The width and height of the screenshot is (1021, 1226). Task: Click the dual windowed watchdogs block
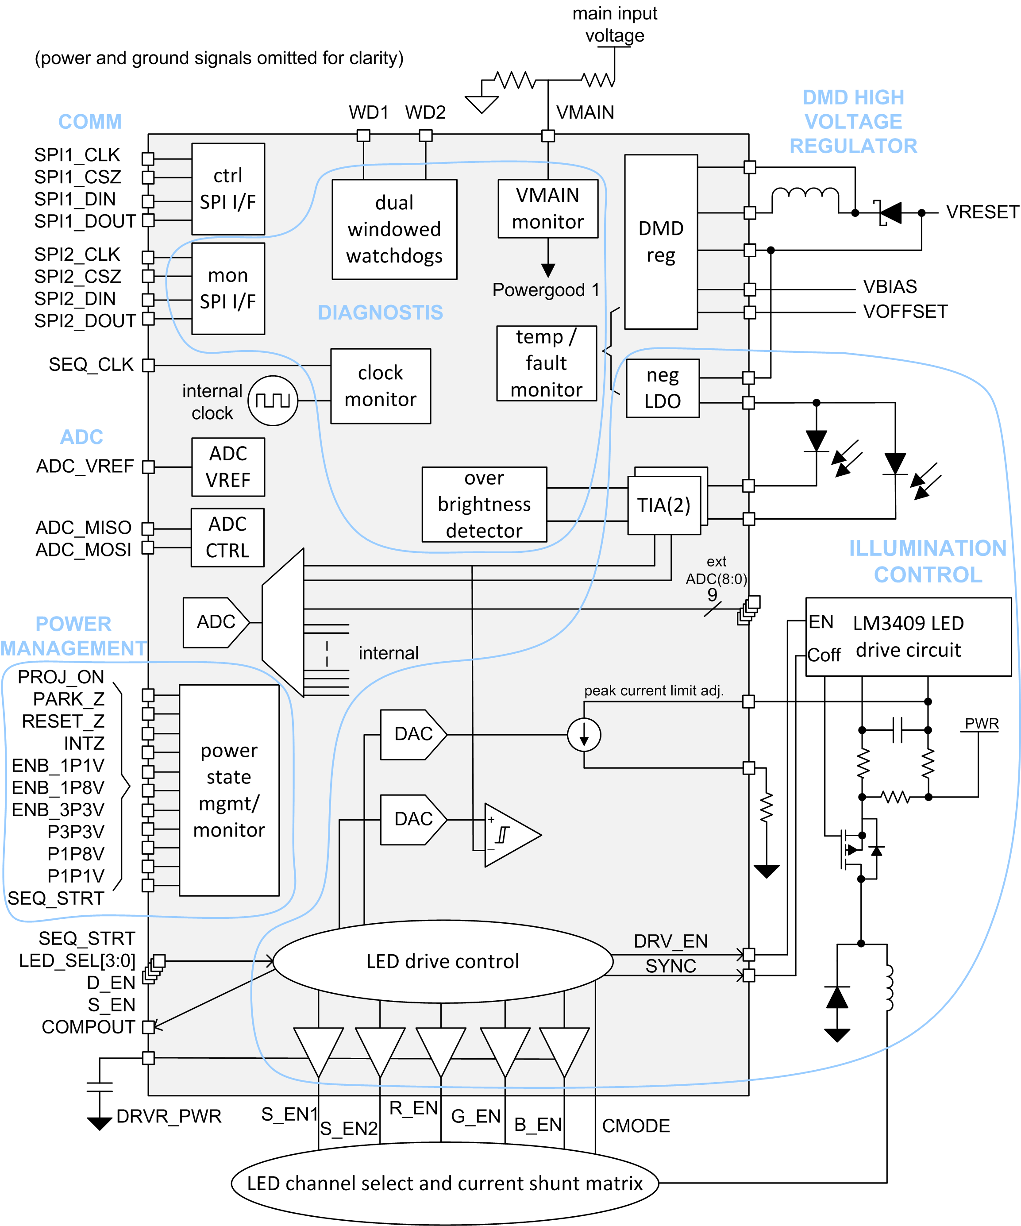(x=394, y=229)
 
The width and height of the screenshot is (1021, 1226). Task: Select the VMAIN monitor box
(x=547, y=208)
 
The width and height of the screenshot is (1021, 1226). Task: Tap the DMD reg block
(x=660, y=242)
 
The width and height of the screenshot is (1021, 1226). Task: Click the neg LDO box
(x=662, y=388)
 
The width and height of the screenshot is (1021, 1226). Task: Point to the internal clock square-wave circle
(x=273, y=401)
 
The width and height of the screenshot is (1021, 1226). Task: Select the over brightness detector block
(x=484, y=505)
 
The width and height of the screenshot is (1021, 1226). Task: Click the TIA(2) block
(x=664, y=505)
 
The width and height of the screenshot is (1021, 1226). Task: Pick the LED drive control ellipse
(x=443, y=961)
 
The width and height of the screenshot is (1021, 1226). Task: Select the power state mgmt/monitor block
(x=229, y=790)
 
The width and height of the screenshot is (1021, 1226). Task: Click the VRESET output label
(x=982, y=212)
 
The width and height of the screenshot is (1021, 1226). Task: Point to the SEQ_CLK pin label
(x=91, y=364)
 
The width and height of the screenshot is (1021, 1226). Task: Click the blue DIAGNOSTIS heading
(x=380, y=312)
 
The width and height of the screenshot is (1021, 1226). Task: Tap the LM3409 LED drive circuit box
(x=908, y=636)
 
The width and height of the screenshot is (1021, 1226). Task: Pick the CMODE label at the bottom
(x=635, y=1126)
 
